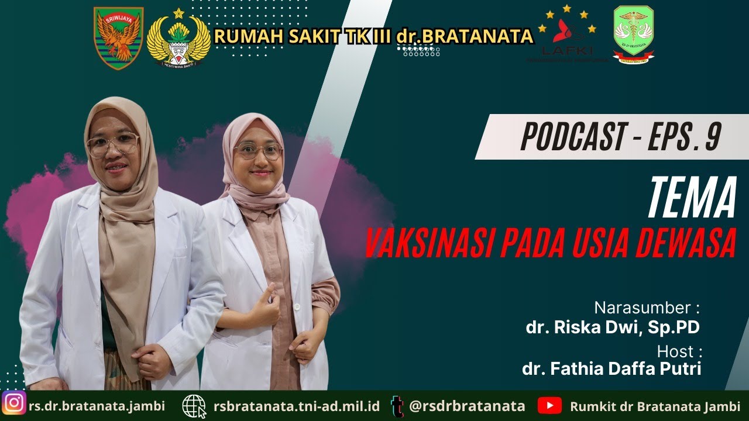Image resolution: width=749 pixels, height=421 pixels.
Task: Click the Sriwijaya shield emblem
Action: pyautogui.click(x=119, y=38)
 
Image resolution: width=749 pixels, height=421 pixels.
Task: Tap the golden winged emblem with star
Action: pyautogui.click(x=178, y=39)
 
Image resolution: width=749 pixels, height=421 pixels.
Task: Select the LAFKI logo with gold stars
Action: pyautogui.click(x=567, y=35)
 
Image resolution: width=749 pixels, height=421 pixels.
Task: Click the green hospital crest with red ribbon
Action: pyautogui.click(x=634, y=34)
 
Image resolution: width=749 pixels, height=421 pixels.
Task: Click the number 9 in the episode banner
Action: pyautogui.click(x=713, y=137)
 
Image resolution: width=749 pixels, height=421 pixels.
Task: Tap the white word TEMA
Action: pyautogui.click(x=692, y=199)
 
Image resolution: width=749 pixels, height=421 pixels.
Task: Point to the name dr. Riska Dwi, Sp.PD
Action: pyautogui.click(x=613, y=327)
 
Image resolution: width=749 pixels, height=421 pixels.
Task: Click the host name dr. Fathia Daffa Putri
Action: pyautogui.click(x=611, y=368)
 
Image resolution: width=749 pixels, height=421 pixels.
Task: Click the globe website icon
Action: pyautogui.click(x=194, y=406)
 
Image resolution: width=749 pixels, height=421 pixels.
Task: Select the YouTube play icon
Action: pyautogui.click(x=549, y=405)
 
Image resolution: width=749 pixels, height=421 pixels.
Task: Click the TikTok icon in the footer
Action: pyautogui.click(x=398, y=406)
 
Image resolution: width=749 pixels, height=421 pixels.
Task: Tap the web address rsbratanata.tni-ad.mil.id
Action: pyautogui.click(x=297, y=406)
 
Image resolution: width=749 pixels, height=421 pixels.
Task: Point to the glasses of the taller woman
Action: pyautogui.click(x=112, y=144)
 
